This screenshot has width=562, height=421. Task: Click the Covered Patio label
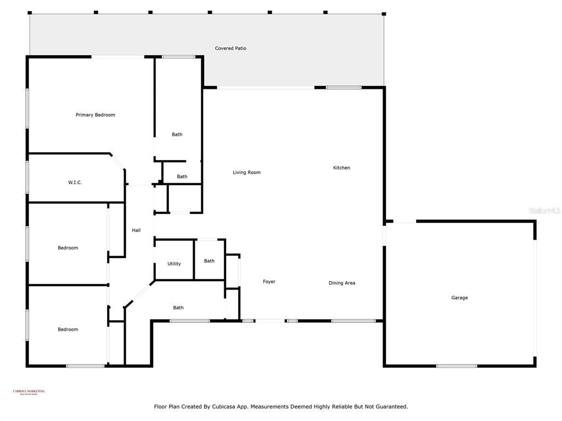(x=231, y=48)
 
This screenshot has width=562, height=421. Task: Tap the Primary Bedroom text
(x=95, y=115)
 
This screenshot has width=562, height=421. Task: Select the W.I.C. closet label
(x=75, y=183)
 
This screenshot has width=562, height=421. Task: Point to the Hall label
(x=136, y=230)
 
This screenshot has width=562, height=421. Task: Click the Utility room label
(x=174, y=264)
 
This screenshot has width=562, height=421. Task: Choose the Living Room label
(x=246, y=172)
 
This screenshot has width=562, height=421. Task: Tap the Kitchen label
(x=341, y=168)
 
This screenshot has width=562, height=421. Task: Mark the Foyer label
(x=269, y=282)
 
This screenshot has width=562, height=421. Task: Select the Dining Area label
(x=342, y=283)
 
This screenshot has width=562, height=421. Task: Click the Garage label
(x=459, y=298)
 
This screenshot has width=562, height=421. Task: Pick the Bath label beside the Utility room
(x=209, y=261)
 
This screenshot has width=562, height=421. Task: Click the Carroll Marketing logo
(x=29, y=392)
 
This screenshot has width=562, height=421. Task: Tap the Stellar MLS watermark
(x=544, y=210)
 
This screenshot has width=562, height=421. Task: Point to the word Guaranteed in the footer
(x=389, y=407)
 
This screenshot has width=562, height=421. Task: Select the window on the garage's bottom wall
(x=457, y=366)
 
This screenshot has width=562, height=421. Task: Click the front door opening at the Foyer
(x=270, y=321)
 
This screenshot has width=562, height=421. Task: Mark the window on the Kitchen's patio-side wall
(x=344, y=87)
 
